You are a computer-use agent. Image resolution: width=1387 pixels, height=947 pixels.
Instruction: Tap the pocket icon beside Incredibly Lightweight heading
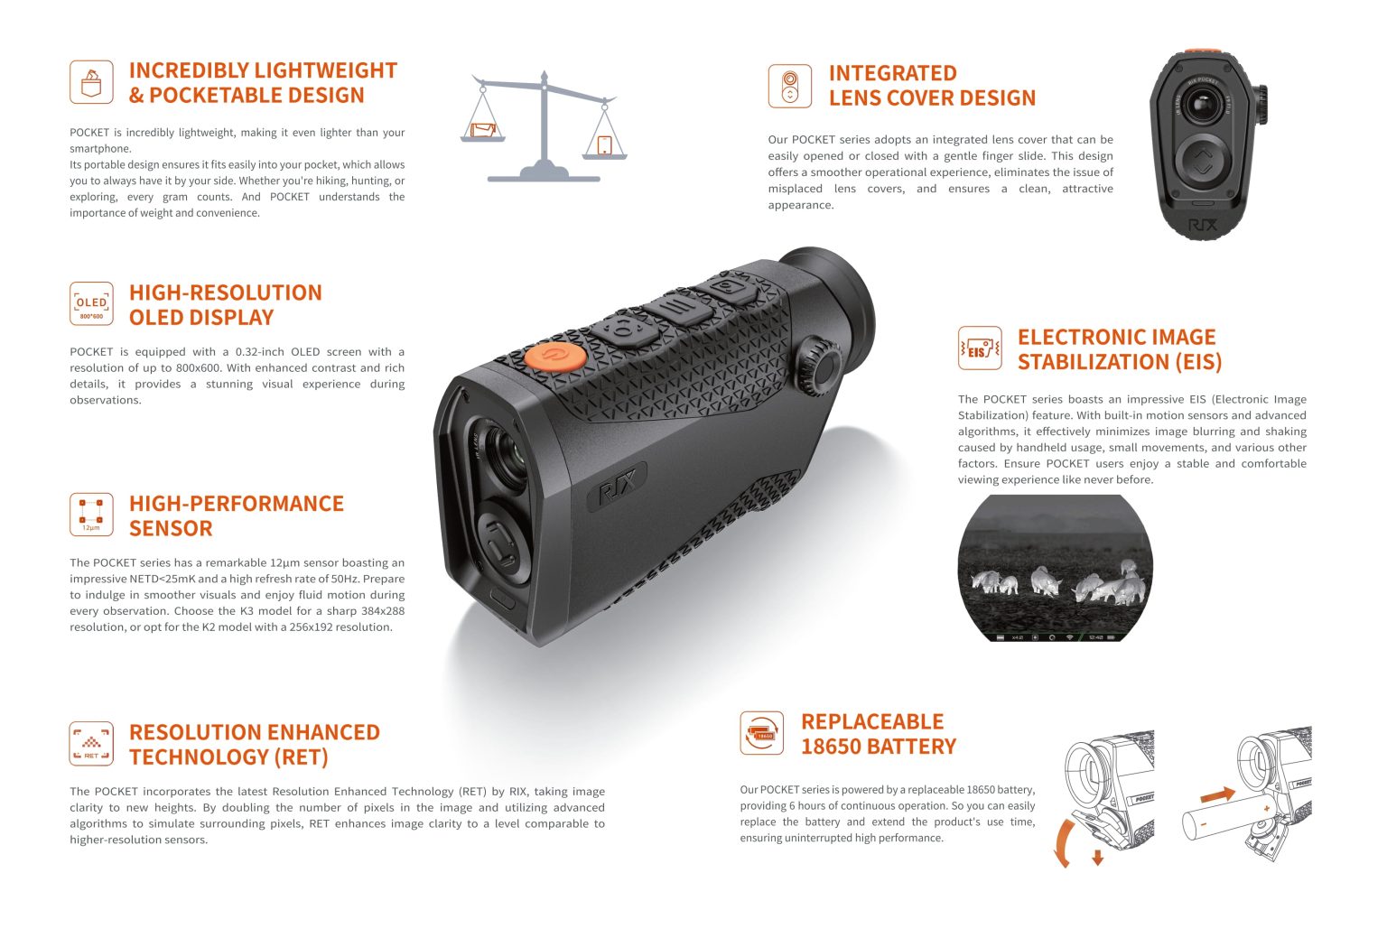tap(91, 82)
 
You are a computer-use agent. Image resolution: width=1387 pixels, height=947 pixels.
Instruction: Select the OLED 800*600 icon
tap(91, 303)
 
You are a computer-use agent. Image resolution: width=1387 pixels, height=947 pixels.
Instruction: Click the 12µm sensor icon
tap(91, 515)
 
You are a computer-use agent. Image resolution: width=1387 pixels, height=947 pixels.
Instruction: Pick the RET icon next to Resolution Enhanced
tap(91, 744)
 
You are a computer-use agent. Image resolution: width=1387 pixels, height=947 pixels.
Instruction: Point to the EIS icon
tap(980, 348)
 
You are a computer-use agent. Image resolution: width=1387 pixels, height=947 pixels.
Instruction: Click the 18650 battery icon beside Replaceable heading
tap(762, 732)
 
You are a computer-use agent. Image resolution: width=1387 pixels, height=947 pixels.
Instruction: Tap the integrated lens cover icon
tap(790, 86)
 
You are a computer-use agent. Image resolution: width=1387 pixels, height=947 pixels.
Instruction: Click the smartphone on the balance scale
tap(604, 144)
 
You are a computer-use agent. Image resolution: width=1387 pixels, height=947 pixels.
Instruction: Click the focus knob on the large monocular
tap(819, 359)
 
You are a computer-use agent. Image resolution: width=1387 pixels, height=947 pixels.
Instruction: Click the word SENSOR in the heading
tap(171, 528)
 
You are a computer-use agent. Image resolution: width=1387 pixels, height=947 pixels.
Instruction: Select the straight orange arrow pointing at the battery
tap(1217, 794)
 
